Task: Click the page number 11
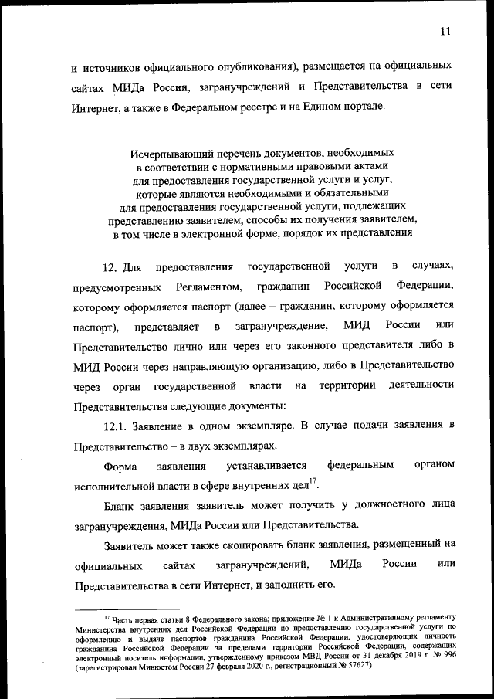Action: [445, 32]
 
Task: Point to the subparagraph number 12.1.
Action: [118, 426]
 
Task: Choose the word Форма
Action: [119, 467]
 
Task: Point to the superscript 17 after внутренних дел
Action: [313, 483]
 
